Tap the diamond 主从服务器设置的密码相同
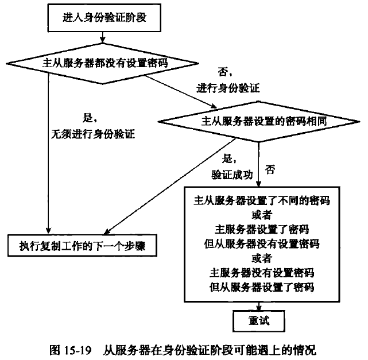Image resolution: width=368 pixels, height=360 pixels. [x=259, y=122]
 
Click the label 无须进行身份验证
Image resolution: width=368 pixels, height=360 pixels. [x=95, y=136]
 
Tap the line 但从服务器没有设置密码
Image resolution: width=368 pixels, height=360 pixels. [x=262, y=243]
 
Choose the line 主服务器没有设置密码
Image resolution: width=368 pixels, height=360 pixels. [x=262, y=271]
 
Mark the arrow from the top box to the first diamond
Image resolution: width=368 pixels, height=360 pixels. [x=102, y=37]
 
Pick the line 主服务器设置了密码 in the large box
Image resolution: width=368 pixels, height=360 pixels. [x=262, y=229]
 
